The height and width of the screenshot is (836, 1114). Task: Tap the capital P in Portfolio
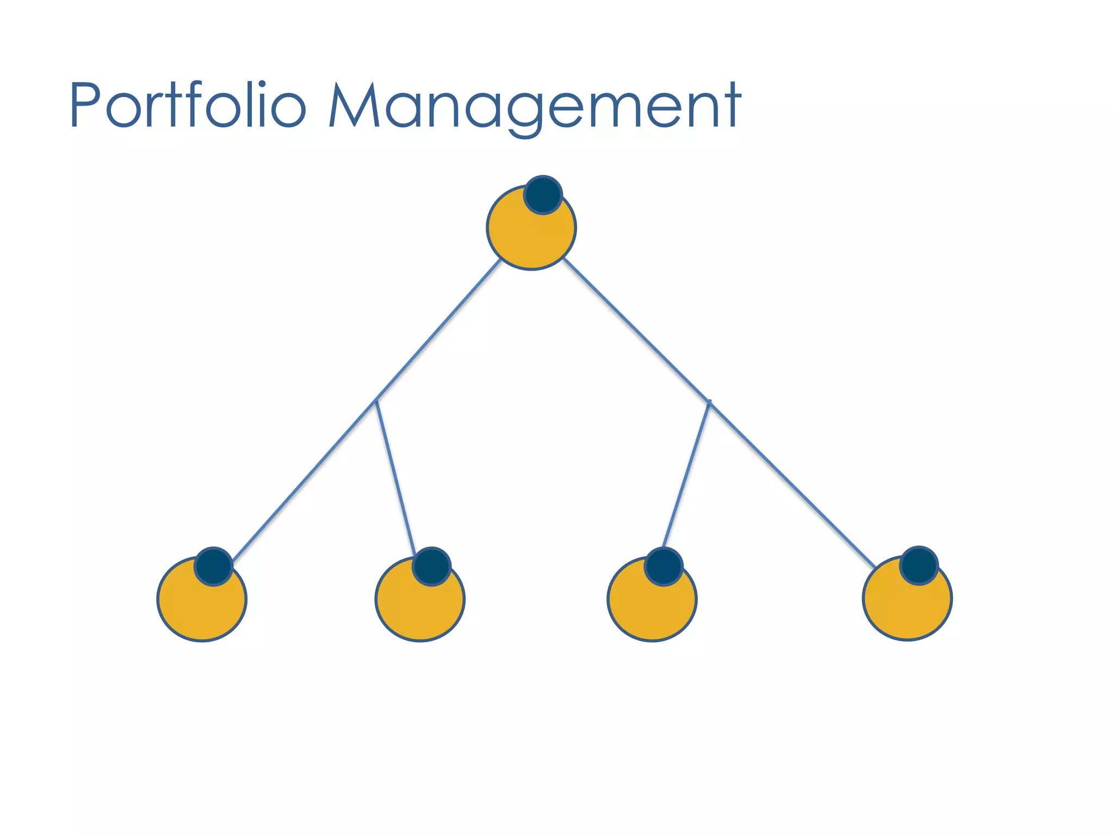pyautogui.click(x=86, y=104)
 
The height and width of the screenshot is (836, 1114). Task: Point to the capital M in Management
pyautogui.click(x=354, y=104)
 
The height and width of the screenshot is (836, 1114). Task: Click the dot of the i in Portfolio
pyautogui.click(x=262, y=85)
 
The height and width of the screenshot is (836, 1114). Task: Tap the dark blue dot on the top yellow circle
pyautogui.click(x=543, y=195)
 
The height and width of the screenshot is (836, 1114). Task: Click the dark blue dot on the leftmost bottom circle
pyautogui.click(x=214, y=567)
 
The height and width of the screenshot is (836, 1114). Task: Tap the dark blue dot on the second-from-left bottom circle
pyautogui.click(x=431, y=567)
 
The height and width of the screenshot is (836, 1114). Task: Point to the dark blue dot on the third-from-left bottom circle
pyautogui.click(x=664, y=567)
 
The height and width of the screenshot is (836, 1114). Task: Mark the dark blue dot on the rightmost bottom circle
pyautogui.click(x=919, y=565)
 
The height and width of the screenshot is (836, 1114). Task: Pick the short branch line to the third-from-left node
pyautogui.click(x=686, y=474)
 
